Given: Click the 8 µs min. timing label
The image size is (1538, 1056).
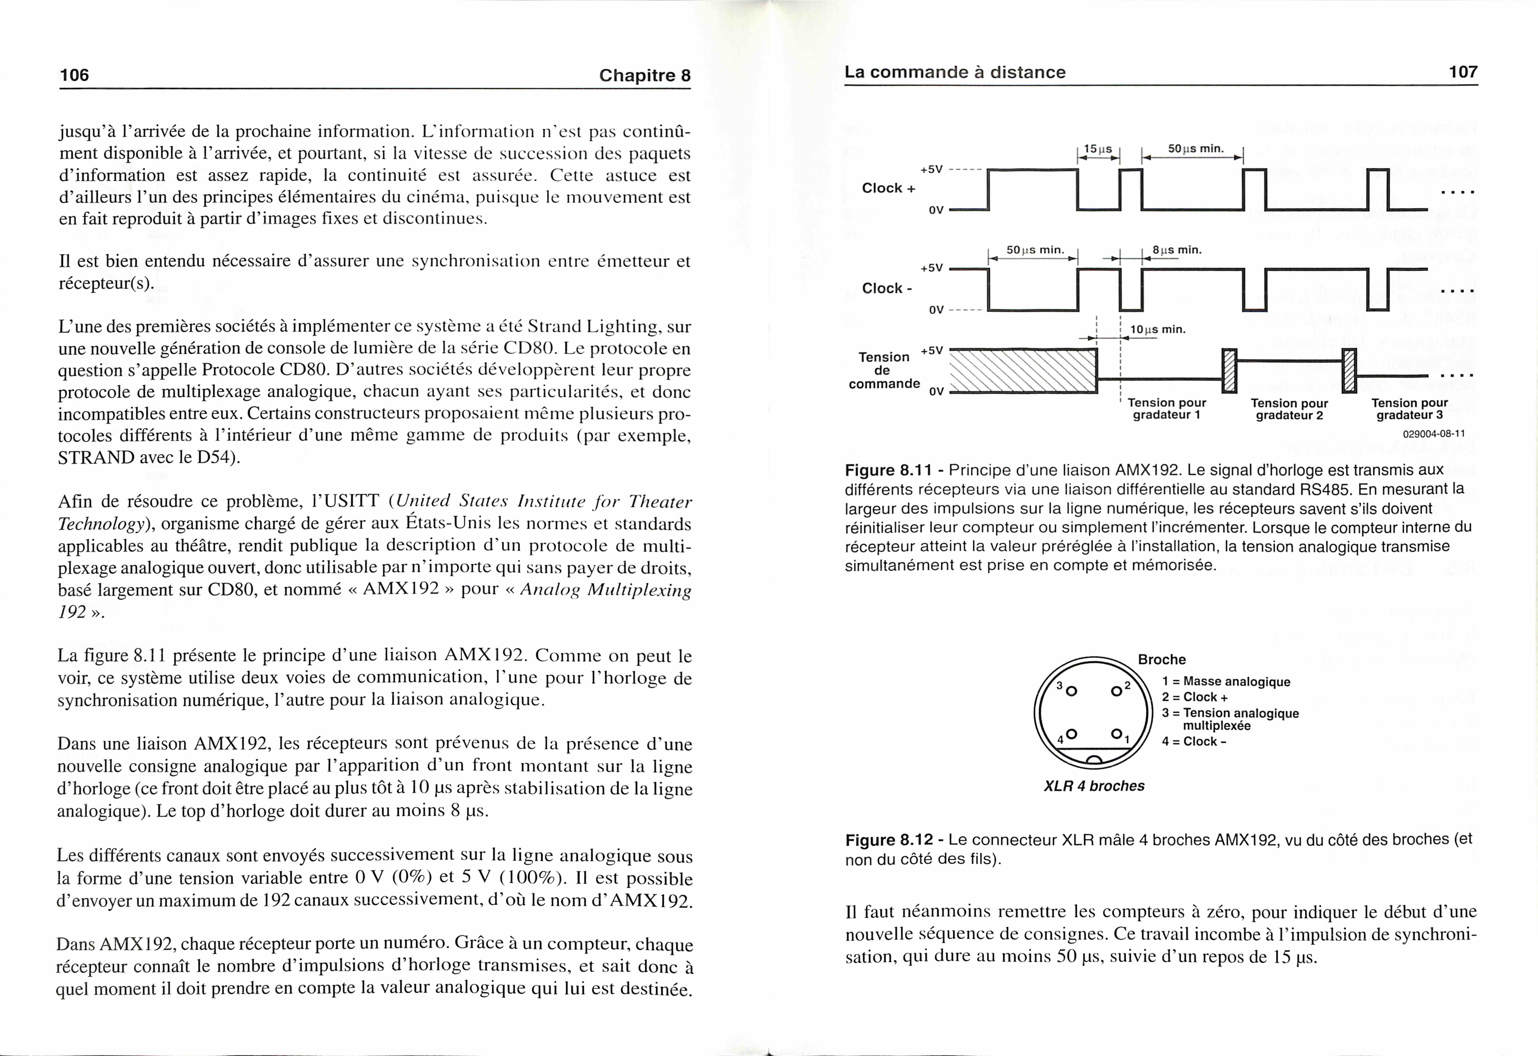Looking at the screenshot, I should tap(1177, 250).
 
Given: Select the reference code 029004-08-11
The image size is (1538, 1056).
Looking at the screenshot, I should tap(1433, 434).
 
